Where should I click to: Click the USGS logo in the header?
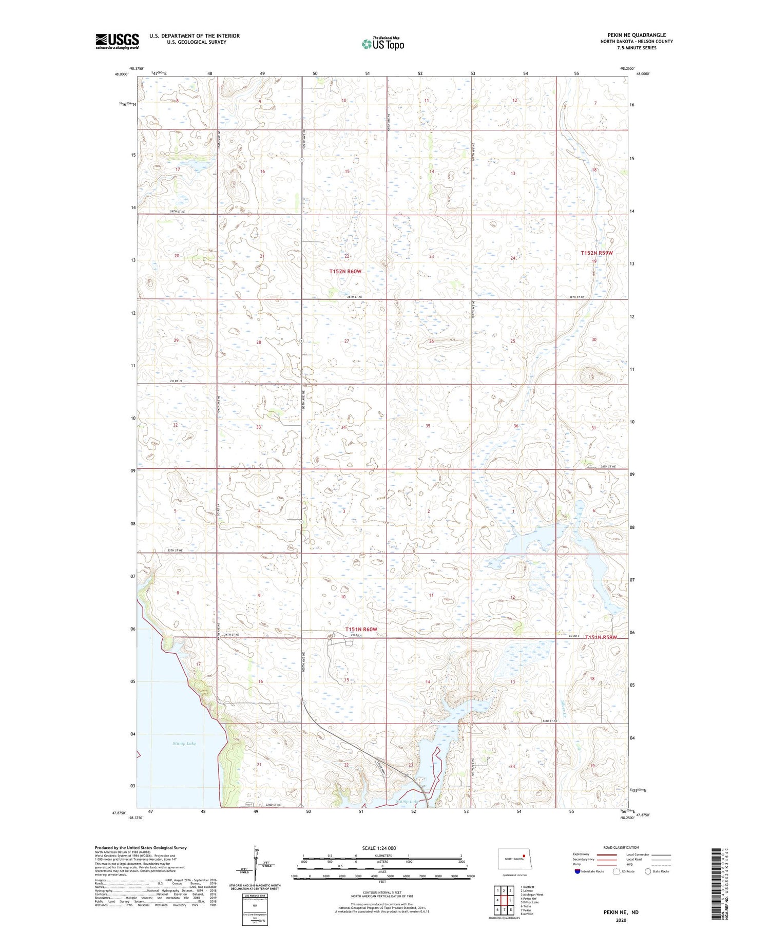pos(117,41)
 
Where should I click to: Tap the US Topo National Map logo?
pos(382,44)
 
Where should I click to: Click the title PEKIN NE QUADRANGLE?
pos(637,35)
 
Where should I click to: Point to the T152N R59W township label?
pos(596,253)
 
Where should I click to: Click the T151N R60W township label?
pos(361,629)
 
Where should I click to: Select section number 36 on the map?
pos(516,426)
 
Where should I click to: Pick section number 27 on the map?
pos(346,341)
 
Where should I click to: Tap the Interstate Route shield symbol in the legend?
pos(577,871)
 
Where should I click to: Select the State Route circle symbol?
pos(648,871)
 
